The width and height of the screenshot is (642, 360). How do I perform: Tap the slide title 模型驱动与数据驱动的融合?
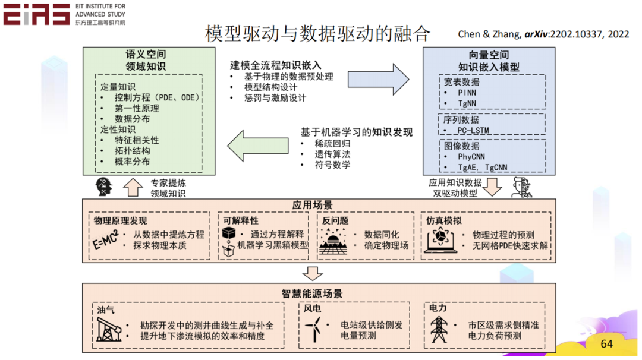317,34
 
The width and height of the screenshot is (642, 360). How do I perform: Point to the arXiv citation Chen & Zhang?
543,34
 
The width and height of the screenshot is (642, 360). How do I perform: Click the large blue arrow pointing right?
378,79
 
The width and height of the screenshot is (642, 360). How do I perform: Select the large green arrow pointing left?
257,144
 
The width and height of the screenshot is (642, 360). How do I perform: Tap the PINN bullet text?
467,93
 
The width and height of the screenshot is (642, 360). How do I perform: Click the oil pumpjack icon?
111,330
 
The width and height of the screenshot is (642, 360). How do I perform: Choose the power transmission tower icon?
440,330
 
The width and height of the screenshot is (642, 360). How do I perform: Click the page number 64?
606,344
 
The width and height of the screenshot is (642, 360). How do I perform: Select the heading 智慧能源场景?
312,294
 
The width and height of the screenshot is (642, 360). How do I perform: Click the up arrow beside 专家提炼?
133,188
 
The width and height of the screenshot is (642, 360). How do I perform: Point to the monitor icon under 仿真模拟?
440,240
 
